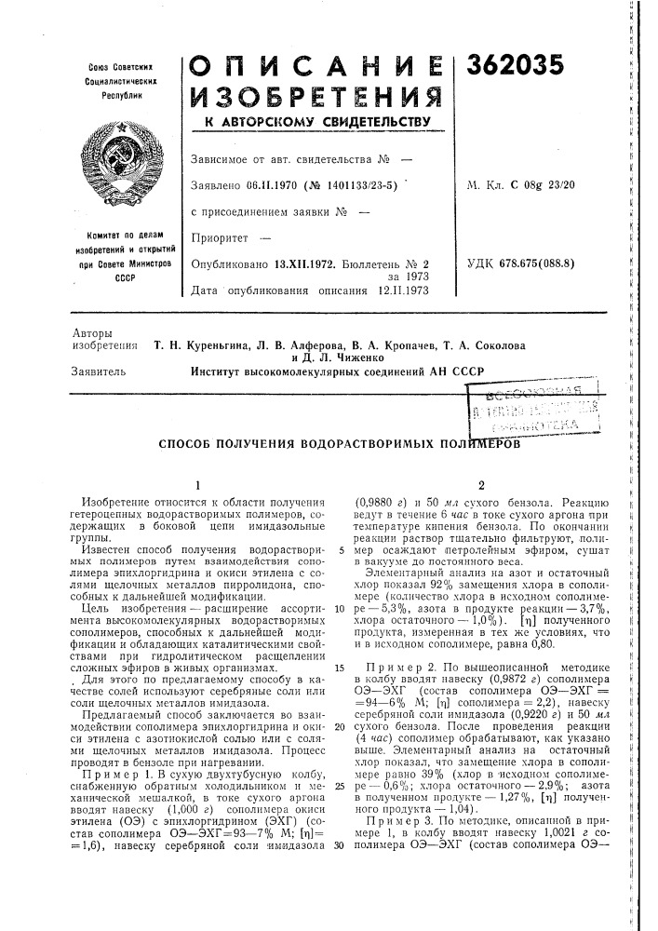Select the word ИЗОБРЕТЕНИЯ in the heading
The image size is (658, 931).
pyautogui.click(x=313, y=98)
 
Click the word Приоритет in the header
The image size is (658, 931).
pyautogui.click(x=217, y=237)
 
